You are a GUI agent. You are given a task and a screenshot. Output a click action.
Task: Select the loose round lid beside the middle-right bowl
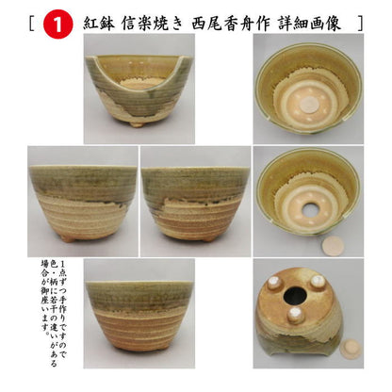pyautogui.click(x=333, y=246)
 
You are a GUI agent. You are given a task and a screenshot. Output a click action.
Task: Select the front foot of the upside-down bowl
pyautogui.click(x=296, y=317)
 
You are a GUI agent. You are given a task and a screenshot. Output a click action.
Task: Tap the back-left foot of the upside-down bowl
pyautogui.click(x=276, y=282)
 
